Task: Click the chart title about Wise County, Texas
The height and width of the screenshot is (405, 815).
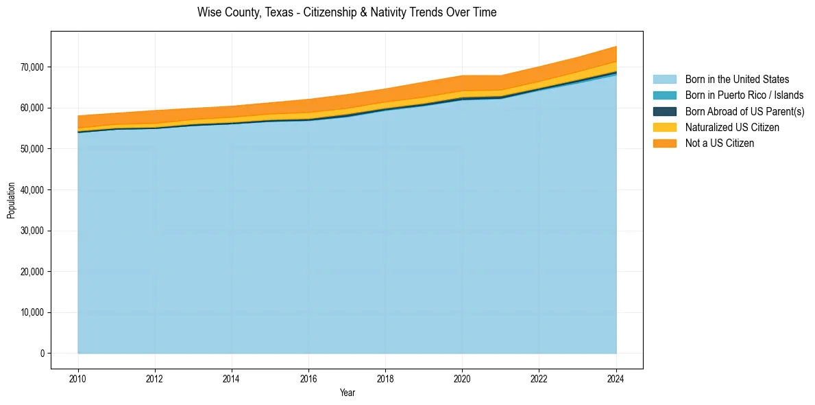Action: [x=346, y=12]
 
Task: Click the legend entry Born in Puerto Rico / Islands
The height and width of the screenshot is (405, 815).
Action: [x=744, y=95]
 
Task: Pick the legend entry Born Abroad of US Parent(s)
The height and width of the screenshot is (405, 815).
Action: [x=744, y=111]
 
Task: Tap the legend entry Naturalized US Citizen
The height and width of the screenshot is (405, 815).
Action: [x=732, y=127]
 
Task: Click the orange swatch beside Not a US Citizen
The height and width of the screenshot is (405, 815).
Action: [x=664, y=143]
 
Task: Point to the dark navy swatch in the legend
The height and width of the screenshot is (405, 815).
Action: [x=664, y=111]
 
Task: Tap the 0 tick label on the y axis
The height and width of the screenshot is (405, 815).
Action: [x=42, y=354]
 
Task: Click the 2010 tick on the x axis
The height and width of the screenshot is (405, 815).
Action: [x=78, y=378]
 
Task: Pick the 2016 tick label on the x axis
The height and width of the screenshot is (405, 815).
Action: [x=308, y=378]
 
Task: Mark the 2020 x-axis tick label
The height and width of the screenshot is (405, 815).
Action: [x=463, y=378]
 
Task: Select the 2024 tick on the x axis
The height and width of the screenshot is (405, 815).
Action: [x=616, y=378]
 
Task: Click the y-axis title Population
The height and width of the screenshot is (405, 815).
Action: [x=11, y=200]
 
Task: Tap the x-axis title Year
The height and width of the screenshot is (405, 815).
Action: [x=347, y=393]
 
